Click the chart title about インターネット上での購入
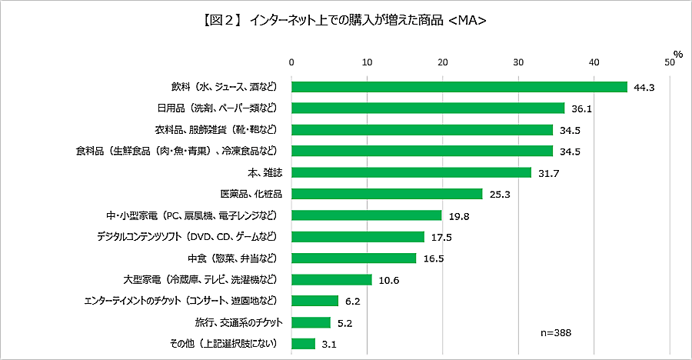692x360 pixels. [x=345, y=21]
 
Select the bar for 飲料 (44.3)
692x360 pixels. [x=459, y=87]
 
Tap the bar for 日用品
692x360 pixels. [x=428, y=108]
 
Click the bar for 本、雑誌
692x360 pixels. [x=411, y=172]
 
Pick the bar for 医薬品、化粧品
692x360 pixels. [x=386, y=194]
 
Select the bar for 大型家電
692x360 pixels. [x=331, y=279]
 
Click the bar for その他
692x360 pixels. [x=303, y=343]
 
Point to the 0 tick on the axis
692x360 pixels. [x=291, y=62]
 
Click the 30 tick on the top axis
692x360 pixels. [x=518, y=62]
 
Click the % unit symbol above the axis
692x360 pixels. [x=677, y=53]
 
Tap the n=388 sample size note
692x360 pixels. [x=557, y=333]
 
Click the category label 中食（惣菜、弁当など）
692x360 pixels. [x=230, y=258]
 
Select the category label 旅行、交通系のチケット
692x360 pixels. [x=230, y=322]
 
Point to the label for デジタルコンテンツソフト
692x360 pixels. [x=191, y=236]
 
